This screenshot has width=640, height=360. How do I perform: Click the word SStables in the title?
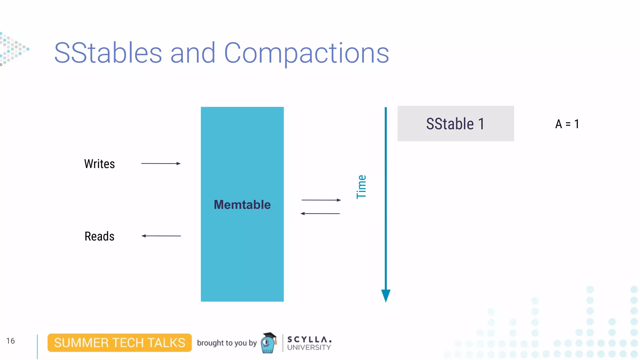108,53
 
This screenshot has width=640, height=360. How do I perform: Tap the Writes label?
99,164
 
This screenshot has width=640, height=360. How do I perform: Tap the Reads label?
99,236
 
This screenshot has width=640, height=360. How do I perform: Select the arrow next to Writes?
161,163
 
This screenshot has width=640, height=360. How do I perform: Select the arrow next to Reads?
161,236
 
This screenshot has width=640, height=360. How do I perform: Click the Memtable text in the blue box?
242,205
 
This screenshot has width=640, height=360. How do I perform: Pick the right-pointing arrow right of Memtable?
321,200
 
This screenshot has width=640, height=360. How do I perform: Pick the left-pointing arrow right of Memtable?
320,213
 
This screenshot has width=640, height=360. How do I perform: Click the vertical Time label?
361,187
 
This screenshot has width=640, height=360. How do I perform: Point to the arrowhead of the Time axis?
386,295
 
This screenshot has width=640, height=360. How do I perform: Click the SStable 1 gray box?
456,124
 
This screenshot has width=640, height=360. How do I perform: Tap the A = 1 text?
567,124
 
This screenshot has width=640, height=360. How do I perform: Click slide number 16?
10,341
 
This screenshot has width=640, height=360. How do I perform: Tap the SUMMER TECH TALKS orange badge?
120,343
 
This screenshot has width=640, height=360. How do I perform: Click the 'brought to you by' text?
227,343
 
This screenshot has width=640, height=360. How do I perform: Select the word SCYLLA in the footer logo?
309,339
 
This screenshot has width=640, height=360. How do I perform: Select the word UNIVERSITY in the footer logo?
309,347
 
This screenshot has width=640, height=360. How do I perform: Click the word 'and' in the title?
193,53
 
